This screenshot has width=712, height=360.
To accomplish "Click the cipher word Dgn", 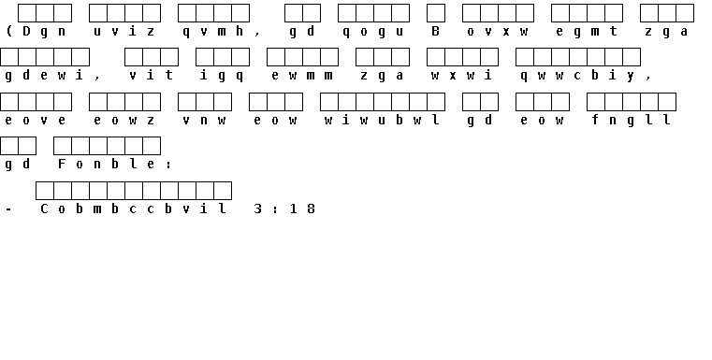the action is coord(44,31).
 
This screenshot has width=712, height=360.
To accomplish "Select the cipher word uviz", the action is coord(124,31).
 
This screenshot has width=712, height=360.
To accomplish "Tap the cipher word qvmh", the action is coord(213,32).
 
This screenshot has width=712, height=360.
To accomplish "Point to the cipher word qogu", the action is coord(373,32).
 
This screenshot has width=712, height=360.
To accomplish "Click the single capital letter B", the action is coord(435,31).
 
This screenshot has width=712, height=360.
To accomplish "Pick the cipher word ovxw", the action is coord(498,31).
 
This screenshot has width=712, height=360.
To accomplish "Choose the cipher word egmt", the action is coord(588,32).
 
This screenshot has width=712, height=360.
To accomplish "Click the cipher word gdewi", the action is coord(44,76).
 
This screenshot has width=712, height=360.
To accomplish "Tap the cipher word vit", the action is coord(152,75).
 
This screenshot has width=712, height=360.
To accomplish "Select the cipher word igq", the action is coord(222,76).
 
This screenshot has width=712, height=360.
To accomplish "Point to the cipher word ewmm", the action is coord(302,76).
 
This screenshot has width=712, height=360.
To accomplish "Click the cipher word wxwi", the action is coord(462,76).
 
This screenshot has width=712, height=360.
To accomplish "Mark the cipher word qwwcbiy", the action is coord(578,76).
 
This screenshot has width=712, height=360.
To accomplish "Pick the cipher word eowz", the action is coord(124,120).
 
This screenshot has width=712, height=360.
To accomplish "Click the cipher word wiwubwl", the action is coord(383,120).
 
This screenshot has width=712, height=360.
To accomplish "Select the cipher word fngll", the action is coord(632,120).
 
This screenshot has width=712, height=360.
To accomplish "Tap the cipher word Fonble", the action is coord(107,164).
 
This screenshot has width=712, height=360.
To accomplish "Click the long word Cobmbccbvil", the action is coord(134,209).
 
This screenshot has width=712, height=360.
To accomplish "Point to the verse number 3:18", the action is coord(284,209).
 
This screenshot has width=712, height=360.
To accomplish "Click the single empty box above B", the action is coord(436,13).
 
